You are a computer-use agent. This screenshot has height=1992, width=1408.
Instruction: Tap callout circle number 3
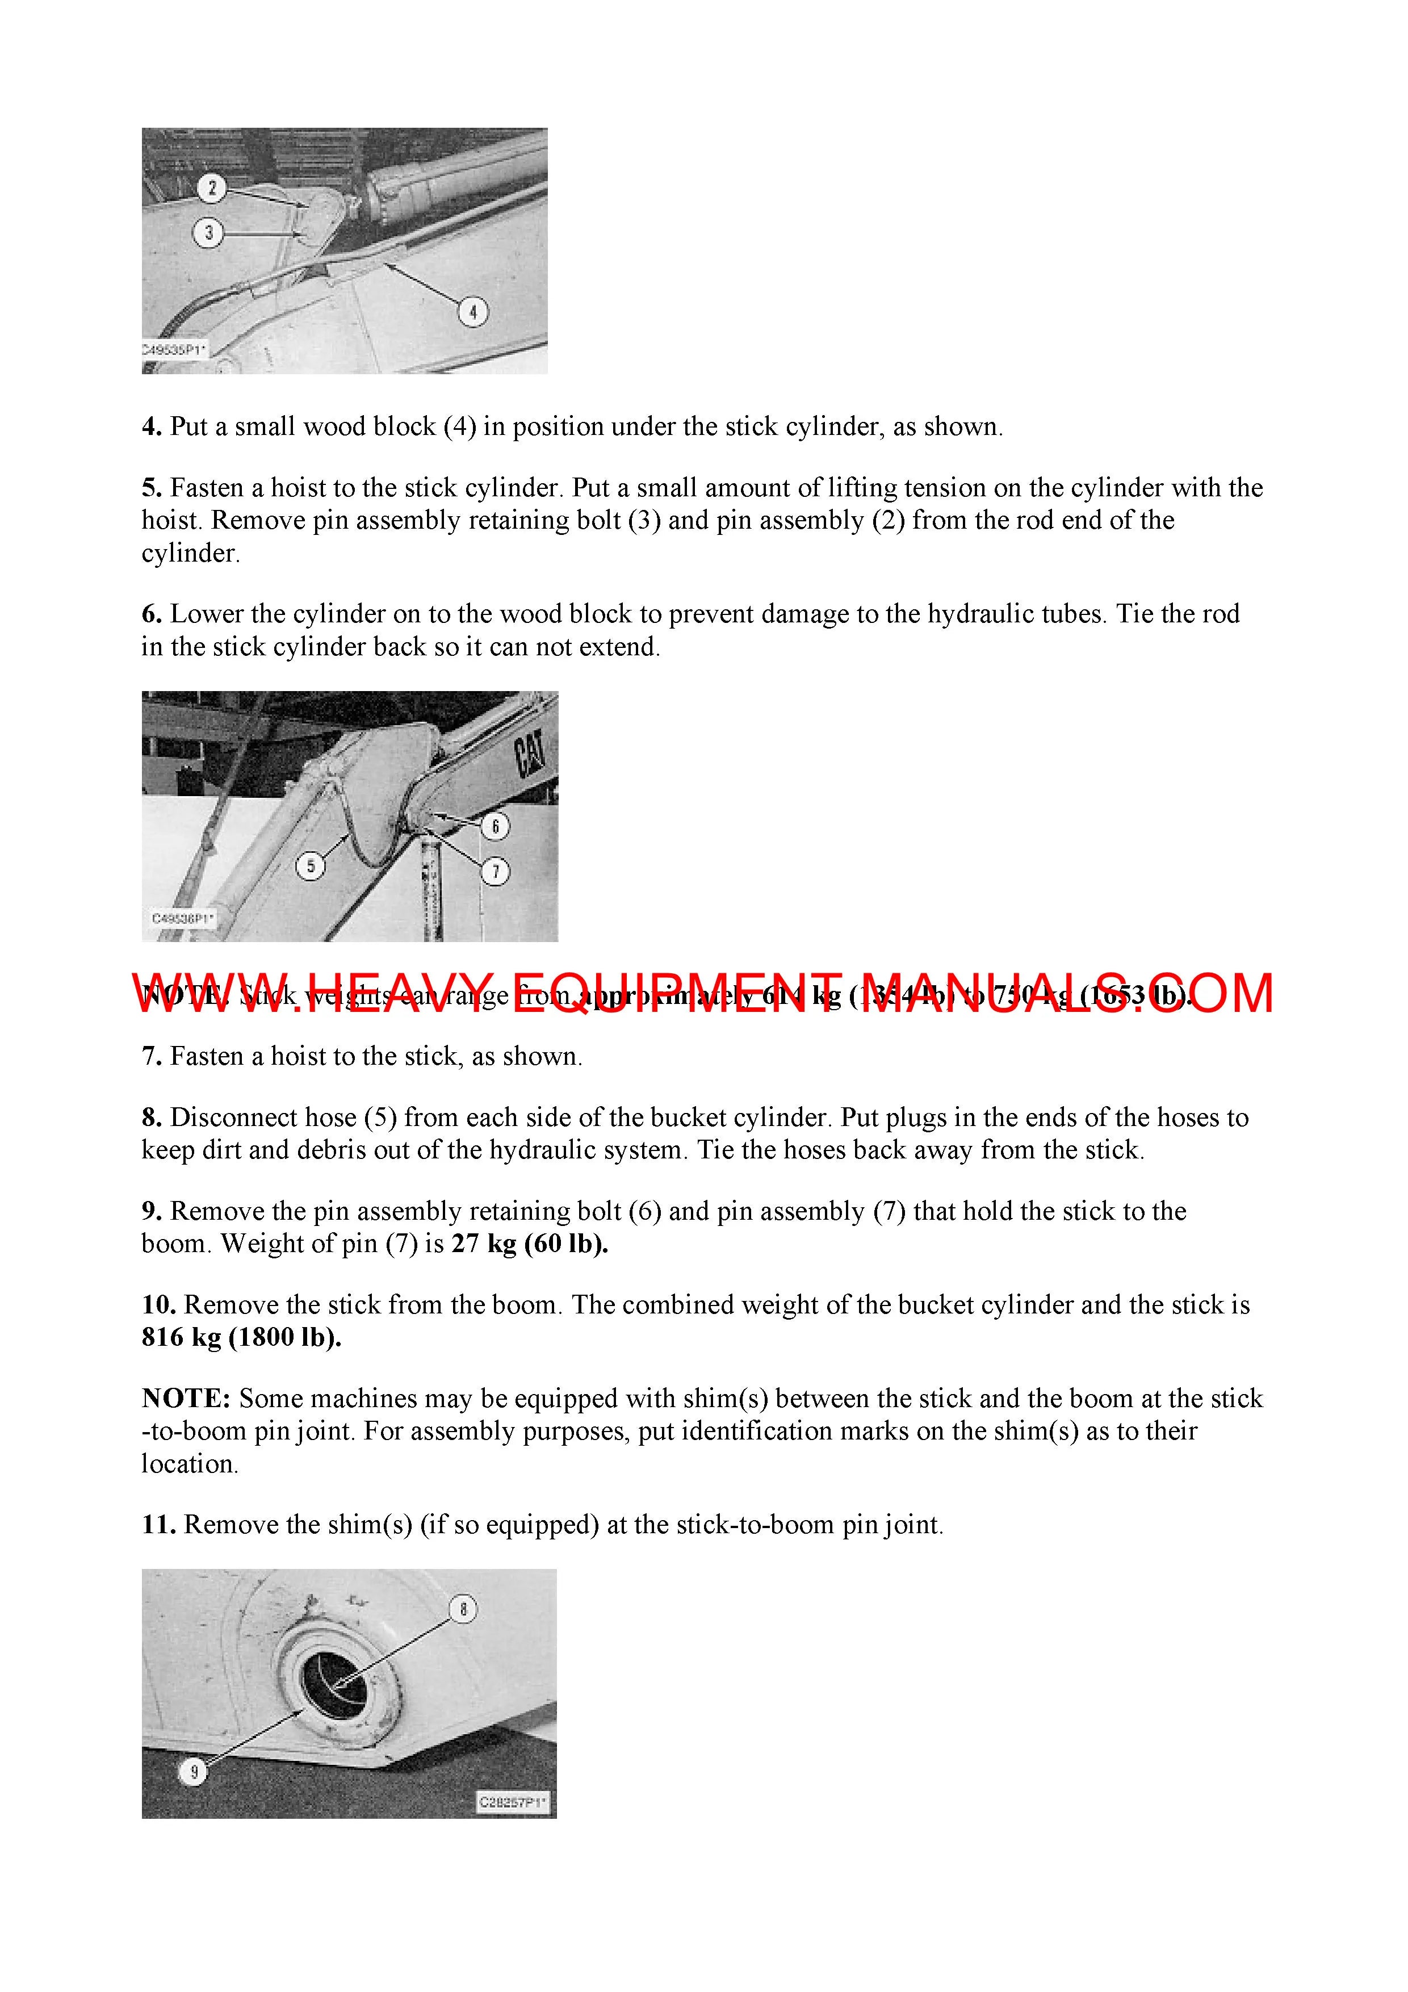(x=208, y=232)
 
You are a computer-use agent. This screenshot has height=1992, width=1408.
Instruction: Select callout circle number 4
(x=473, y=312)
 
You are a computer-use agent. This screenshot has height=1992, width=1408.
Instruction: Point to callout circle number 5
(x=311, y=865)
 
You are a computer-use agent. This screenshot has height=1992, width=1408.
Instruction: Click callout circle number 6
(x=496, y=826)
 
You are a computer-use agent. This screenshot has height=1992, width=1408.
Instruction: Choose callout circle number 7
(x=496, y=871)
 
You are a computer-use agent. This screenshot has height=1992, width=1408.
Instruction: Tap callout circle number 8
(x=463, y=1609)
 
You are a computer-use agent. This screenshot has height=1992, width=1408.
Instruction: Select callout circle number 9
(x=194, y=1772)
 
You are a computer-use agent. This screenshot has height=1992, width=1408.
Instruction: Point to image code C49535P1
(x=173, y=350)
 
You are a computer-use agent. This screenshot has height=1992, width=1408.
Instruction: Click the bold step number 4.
(x=152, y=427)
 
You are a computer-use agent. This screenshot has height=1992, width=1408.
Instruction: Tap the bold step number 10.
(x=159, y=1305)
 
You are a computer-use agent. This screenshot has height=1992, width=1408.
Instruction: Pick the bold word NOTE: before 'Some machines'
(x=187, y=1399)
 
